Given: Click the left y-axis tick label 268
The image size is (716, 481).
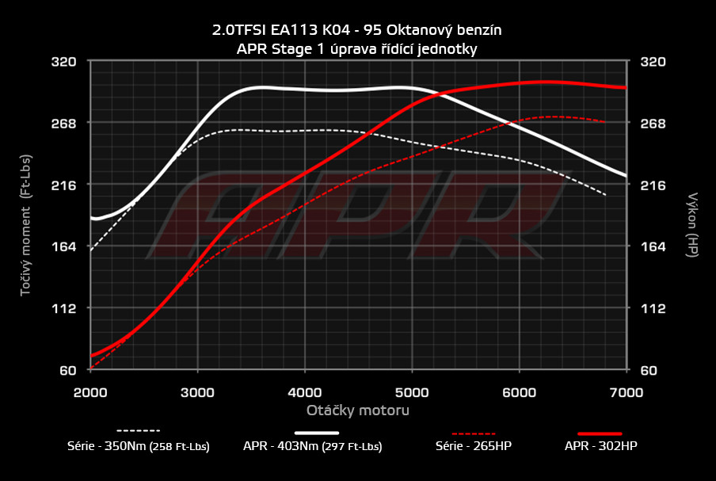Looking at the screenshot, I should coord(63,123).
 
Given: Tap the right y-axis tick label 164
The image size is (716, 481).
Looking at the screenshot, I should coord(654,246).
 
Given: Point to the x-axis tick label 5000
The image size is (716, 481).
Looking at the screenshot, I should coord(412,391).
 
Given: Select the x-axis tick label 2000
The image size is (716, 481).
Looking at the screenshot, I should coord(91,391).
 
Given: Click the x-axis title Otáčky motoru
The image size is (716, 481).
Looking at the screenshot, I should coord(358,410).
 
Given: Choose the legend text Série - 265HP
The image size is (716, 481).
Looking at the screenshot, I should coord(474,446).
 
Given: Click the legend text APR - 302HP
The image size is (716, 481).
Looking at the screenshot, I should coord(600,446).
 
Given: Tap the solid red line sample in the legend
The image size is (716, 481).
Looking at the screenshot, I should coord(600,433).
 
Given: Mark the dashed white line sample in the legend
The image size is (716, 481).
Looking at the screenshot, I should coord(138,432).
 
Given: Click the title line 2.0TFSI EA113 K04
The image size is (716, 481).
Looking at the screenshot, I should coord(357,30).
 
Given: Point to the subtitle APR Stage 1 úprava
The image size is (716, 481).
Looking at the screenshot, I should coord(357,48).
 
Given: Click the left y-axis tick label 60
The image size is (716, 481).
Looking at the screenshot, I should coord(67,370).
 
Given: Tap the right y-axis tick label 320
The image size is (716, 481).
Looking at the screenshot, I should coord(654,61).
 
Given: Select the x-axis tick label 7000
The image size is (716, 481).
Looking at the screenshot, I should coord(626,391).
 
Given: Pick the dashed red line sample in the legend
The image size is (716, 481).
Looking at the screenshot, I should coord(474,433).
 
